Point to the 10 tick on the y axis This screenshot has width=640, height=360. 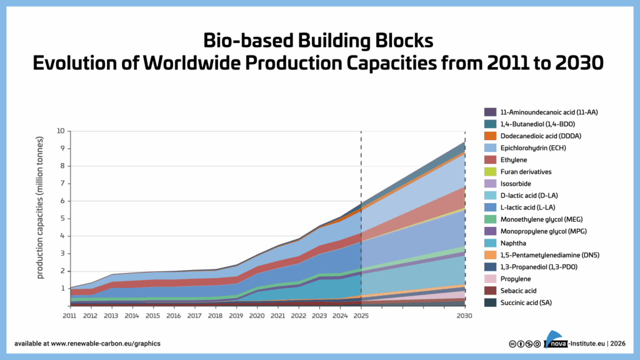click(61, 131)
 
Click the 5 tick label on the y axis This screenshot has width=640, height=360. click(62, 219)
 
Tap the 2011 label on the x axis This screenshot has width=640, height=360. click(70, 316)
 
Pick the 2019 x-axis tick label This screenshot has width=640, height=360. click(237, 316)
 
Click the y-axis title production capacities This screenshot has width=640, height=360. click(41, 207)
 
